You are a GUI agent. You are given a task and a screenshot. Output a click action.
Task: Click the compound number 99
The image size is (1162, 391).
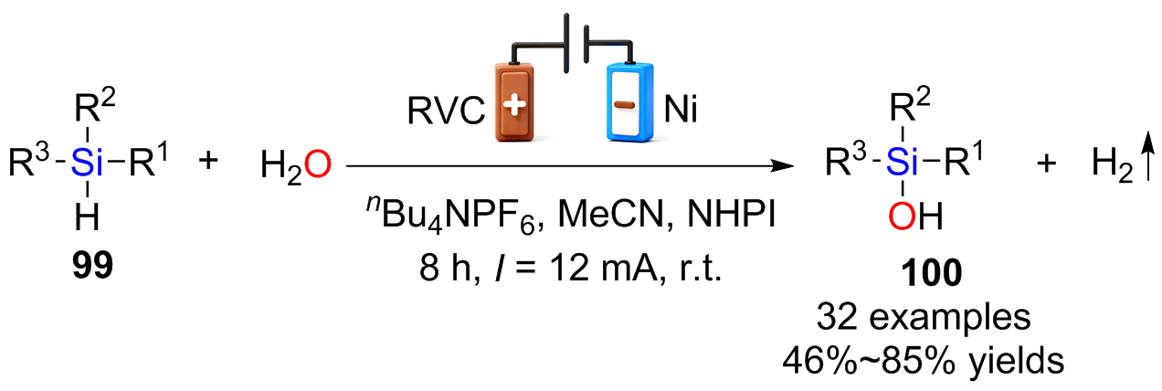[x=93, y=266]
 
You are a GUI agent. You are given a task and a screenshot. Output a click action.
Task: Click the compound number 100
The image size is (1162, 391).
[x=932, y=273]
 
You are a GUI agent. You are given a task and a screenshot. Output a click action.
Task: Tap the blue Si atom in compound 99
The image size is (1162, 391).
[x=86, y=163]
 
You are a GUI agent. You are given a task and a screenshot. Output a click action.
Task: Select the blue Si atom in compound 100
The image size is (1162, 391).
[x=903, y=162]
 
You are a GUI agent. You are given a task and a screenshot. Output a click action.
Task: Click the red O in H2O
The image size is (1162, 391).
[x=318, y=165]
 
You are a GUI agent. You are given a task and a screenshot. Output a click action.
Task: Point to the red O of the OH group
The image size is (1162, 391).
[x=902, y=217]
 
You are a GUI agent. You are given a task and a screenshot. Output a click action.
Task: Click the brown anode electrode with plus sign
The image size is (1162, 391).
[x=514, y=102]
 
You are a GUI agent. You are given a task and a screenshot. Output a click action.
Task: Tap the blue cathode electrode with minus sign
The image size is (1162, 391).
[x=629, y=102]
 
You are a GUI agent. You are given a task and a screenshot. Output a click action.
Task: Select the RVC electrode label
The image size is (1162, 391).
[x=446, y=111]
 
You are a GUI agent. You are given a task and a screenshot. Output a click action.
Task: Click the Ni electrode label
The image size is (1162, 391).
[x=681, y=110]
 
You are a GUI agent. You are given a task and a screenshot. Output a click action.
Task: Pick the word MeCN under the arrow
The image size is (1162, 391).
[x=611, y=214]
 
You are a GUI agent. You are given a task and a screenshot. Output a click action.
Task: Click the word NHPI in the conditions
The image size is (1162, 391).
[x=732, y=214]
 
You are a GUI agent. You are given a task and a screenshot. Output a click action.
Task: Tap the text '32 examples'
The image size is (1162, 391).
[x=924, y=316]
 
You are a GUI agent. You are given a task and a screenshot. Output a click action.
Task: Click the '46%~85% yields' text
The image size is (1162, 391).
[x=924, y=361]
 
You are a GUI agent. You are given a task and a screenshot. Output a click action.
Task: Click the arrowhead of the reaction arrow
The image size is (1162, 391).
[x=782, y=166]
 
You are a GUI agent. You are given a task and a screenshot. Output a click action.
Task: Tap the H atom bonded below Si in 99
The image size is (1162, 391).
[x=87, y=217]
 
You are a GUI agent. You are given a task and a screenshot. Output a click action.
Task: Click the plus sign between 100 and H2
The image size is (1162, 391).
[x=1046, y=164]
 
